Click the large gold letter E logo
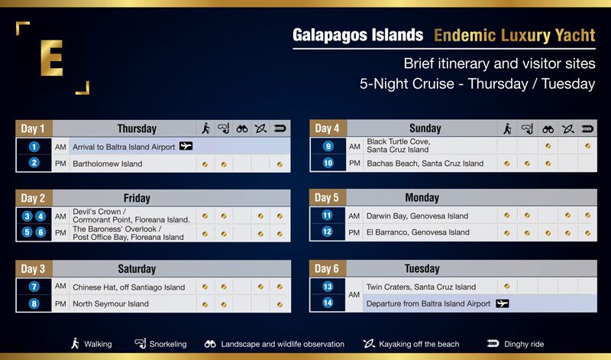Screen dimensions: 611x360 (x=51, y=58)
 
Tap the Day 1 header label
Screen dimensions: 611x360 (x=33, y=128)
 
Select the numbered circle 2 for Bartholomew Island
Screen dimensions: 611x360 (x=34, y=162)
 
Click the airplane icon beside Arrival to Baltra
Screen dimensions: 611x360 (x=186, y=146)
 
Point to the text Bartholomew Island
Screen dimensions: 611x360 (x=107, y=164)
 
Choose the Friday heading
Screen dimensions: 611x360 (x=137, y=198)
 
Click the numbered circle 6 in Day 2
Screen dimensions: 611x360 (x=40, y=232)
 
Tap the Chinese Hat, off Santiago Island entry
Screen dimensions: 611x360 (x=128, y=287)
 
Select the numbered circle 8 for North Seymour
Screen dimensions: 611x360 (x=34, y=303)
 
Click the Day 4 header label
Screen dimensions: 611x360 (x=327, y=128)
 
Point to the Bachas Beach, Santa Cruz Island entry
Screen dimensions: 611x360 (x=425, y=164)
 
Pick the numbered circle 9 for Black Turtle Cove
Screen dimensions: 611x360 (x=328, y=146)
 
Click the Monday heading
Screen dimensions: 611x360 (x=422, y=198)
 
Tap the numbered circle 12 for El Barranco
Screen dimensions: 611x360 (x=328, y=232)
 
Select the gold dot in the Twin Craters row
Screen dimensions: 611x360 (x=507, y=287)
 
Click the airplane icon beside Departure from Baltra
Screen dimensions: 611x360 (x=503, y=303)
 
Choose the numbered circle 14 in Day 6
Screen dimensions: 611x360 (x=328, y=303)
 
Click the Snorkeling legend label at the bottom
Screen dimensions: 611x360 (x=168, y=344)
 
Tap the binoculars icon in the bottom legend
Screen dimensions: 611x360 (x=210, y=344)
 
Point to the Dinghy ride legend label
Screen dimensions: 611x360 (x=524, y=344)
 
